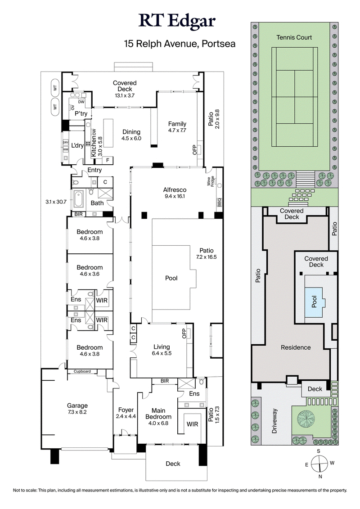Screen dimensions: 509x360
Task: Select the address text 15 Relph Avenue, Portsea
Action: click(x=180, y=44)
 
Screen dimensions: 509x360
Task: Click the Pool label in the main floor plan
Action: click(x=171, y=278)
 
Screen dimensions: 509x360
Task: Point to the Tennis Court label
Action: click(x=294, y=37)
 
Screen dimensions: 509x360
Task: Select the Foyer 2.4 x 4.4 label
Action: click(x=125, y=413)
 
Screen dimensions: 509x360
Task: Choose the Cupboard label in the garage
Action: click(x=82, y=371)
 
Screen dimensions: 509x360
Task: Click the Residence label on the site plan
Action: click(x=296, y=347)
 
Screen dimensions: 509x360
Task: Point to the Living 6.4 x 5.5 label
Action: click(x=162, y=350)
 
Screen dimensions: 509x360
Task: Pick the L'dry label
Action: click(x=77, y=145)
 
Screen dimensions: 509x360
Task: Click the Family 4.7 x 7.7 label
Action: click(x=177, y=127)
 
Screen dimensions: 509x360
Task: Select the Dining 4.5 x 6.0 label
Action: click(x=131, y=135)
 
